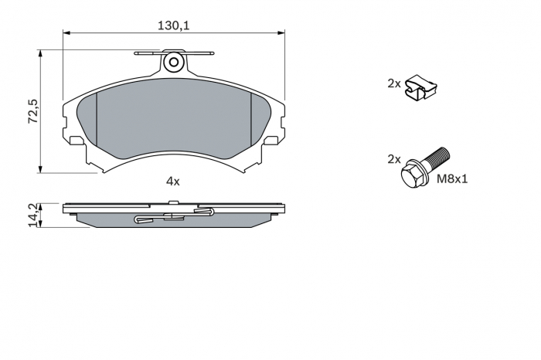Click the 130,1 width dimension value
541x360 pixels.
[x=174, y=25]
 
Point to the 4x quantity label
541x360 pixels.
[x=172, y=181]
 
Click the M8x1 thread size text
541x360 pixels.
[x=454, y=179]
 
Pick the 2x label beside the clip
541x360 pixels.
[x=394, y=83]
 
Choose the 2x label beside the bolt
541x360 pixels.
[x=394, y=159]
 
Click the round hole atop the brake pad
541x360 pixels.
[x=174, y=62]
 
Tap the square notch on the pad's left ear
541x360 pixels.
[x=76, y=141]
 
